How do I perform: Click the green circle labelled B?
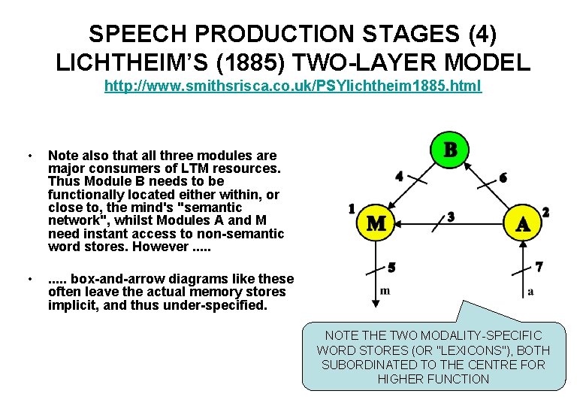[450, 149]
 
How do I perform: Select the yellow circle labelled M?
[376, 223]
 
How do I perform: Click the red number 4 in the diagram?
[399, 176]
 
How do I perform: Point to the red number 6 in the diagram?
[503, 177]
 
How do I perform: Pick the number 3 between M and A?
[451, 217]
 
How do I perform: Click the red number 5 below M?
[391, 266]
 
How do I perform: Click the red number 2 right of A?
[545, 213]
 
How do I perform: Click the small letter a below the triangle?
[531, 291]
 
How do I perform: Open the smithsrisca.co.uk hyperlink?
[293, 86]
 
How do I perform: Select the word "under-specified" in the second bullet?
[223, 304]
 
